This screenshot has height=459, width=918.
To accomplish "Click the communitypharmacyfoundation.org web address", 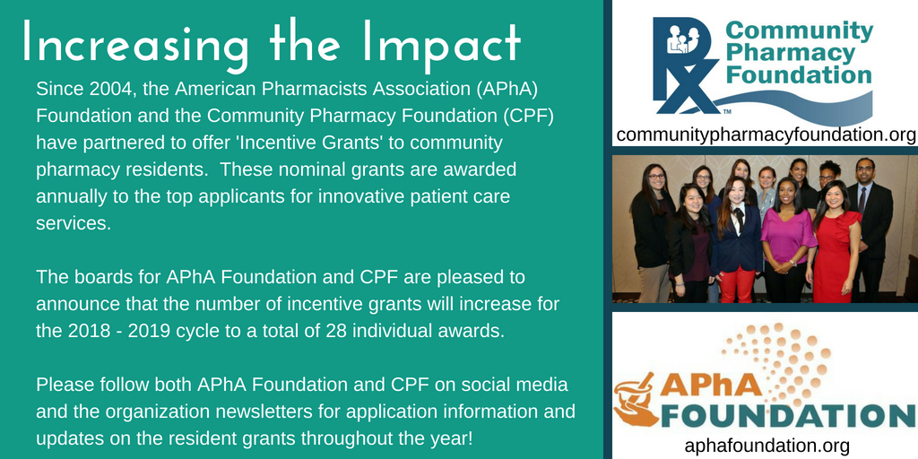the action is click(766, 134).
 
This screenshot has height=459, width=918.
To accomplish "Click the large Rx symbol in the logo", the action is click(686, 65).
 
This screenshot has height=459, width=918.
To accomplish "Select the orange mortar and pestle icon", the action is click(637, 398).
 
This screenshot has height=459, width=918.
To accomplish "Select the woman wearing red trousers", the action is click(737, 240).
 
